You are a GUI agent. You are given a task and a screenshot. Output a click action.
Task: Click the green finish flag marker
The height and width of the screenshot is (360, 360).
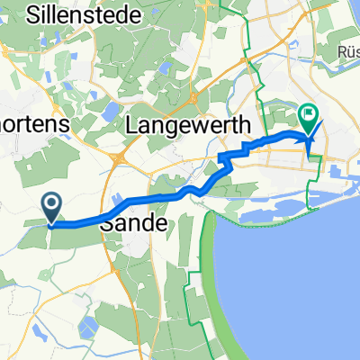click(x=309, y=118)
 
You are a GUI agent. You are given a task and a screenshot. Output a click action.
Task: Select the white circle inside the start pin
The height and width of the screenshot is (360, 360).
click(x=52, y=205)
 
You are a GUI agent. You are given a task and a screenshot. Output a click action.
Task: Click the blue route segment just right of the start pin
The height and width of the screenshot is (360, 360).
click(x=81, y=222)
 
